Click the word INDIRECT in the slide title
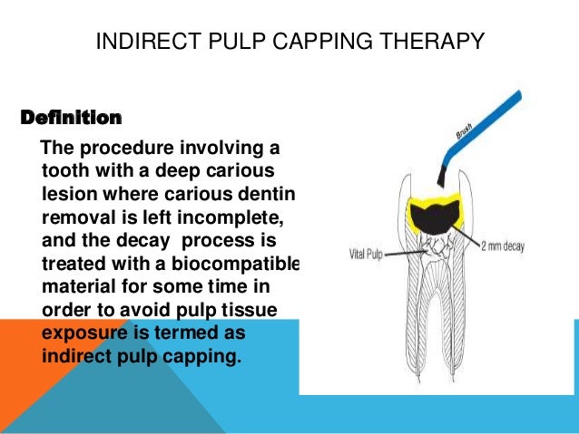pos(136,42)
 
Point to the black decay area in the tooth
pos(435,215)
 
